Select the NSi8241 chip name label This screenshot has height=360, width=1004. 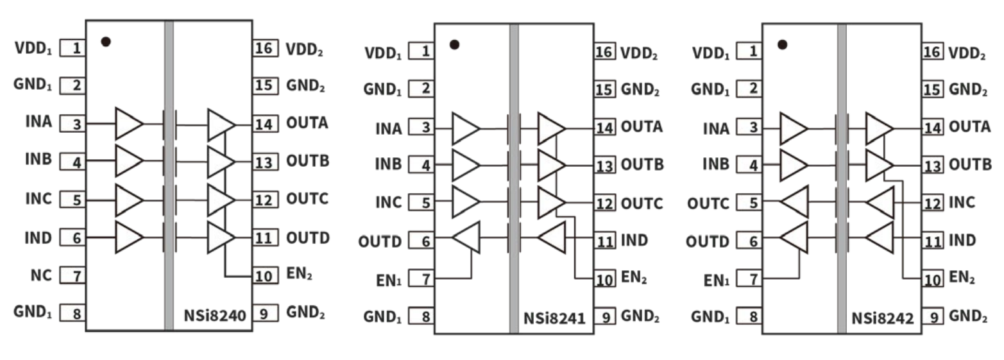555,318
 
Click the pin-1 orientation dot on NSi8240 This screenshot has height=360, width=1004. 106,42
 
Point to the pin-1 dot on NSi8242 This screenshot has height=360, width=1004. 782,45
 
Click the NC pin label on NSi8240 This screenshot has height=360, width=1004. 40,276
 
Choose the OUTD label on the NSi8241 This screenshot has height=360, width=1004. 380,242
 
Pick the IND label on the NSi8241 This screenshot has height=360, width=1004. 634,241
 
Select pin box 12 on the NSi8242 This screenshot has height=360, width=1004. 932,203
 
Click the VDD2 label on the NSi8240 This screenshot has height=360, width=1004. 304,49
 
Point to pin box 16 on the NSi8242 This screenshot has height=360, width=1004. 932,53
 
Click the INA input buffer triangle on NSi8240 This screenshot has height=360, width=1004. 128,123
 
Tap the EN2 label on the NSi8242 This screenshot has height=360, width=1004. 962,279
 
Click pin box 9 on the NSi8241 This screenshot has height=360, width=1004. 604,316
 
